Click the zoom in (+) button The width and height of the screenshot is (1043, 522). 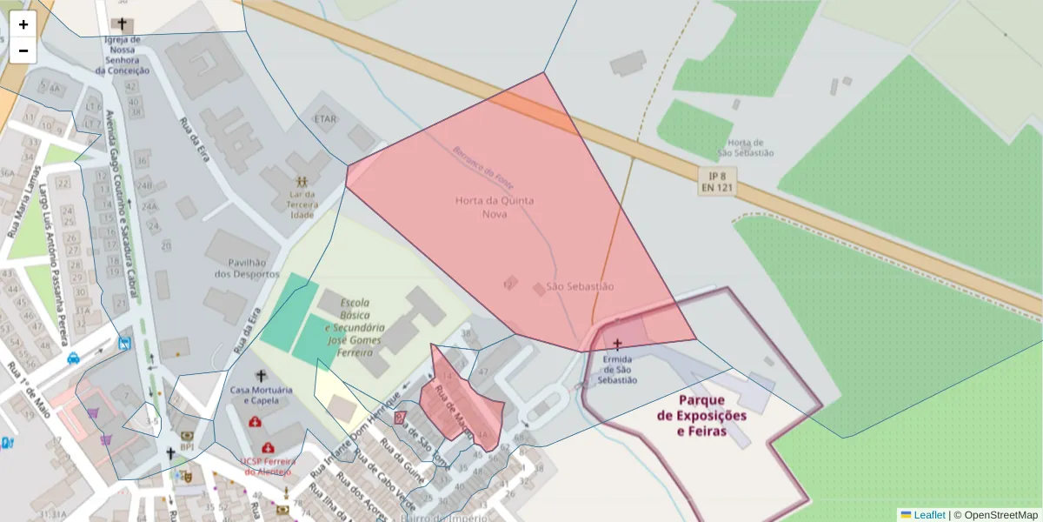click(x=23, y=24)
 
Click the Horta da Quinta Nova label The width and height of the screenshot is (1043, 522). click(x=495, y=206)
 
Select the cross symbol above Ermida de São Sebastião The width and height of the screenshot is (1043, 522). click(x=618, y=345)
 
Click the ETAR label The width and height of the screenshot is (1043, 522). click(x=325, y=118)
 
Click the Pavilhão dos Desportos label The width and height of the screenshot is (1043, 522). click(x=239, y=268)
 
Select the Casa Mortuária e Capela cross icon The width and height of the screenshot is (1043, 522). click(x=260, y=375)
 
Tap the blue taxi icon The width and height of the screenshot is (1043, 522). click(x=73, y=358)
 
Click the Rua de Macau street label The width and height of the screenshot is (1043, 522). click(x=455, y=411)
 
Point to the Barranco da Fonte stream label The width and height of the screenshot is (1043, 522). click(x=482, y=165)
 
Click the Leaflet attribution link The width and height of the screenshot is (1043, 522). click(x=928, y=515)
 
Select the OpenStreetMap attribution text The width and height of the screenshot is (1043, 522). click(x=1000, y=515)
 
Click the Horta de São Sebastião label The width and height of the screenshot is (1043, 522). click(x=745, y=147)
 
